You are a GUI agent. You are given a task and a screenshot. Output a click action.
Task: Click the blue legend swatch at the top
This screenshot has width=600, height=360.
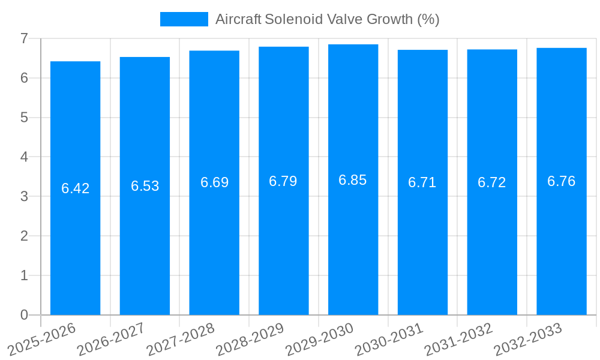click(184, 19)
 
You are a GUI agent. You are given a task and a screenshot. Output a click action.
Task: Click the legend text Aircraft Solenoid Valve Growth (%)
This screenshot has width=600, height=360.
click(327, 19)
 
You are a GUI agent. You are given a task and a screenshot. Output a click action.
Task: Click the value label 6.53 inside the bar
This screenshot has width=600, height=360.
click(145, 186)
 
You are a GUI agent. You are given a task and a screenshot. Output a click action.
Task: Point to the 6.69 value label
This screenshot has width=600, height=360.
click(214, 182)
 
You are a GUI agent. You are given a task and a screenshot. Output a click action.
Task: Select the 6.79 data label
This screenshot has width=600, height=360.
click(283, 181)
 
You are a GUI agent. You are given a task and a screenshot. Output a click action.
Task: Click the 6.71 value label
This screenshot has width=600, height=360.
click(422, 183)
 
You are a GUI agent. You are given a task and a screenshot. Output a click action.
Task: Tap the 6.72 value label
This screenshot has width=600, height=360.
click(492, 183)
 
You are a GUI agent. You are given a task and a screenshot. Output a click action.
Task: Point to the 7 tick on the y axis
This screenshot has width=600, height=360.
click(24, 38)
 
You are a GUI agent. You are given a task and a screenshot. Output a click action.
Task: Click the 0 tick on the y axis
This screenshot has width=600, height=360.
click(24, 315)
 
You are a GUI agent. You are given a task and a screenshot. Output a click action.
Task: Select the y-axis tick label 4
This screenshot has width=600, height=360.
click(24, 157)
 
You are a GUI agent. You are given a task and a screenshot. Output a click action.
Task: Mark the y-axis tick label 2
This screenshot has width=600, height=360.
click(24, 236)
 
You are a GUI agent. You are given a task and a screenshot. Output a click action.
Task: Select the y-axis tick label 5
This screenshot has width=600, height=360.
click(24, 118)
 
